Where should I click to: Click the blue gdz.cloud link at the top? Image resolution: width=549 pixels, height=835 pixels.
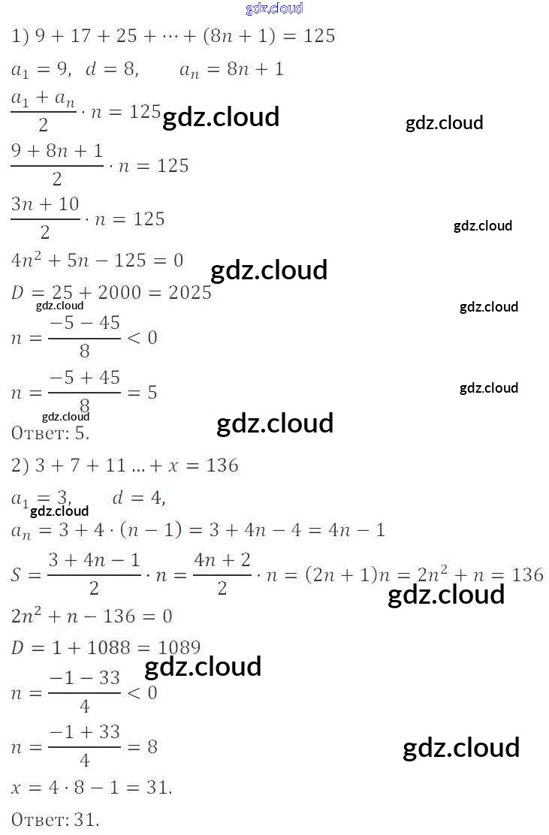(274, 8)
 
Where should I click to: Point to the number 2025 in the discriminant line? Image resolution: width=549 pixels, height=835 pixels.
(190, 292)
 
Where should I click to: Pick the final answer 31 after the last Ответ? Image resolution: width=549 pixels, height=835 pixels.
(86, 820)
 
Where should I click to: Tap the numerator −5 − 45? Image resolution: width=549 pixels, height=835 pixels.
(84, 323)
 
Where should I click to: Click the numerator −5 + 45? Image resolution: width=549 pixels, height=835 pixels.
(84, 377)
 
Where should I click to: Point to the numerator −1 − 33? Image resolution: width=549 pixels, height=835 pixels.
(84, 677)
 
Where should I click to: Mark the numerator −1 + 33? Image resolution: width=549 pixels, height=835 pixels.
(84, 731)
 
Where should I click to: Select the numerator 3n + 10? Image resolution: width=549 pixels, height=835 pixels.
(45, 204)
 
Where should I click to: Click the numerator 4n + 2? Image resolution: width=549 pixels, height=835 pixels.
(222, 559)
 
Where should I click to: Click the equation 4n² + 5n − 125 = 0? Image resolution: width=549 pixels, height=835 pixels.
(98, 261)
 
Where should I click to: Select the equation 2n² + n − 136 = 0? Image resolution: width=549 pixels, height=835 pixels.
(92, 616)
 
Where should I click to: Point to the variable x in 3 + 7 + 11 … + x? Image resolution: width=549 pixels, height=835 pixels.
(173, 466)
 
